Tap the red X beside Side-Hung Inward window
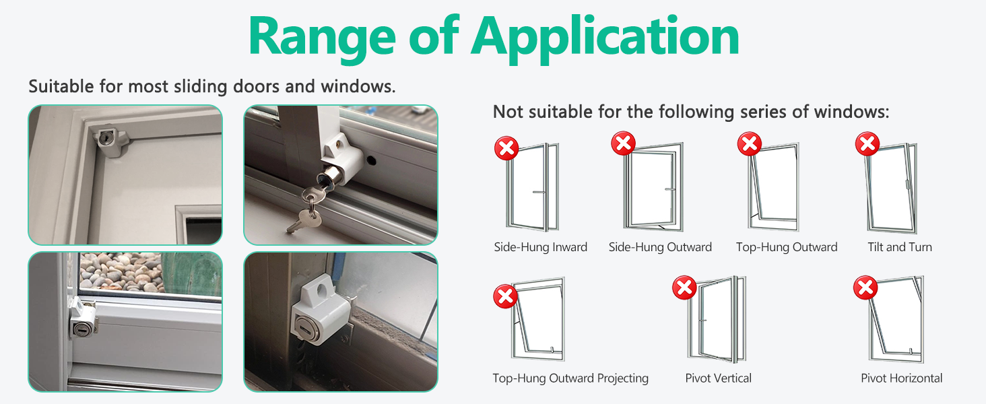pos(506,148)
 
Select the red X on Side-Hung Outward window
pos(623,143)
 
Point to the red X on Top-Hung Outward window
pos(749,143)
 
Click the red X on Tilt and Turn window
pos(867,143)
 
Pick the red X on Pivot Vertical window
pos(684,288)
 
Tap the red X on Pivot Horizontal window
pos(865,288)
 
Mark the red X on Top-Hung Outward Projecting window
pos(505,296)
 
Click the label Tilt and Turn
pos(900,247)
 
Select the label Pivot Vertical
pos(719,378)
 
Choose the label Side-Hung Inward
pos(541,247)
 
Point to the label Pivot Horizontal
pos(902,378)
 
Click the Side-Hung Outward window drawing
pos(654,187)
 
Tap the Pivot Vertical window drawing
pos(717,319)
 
